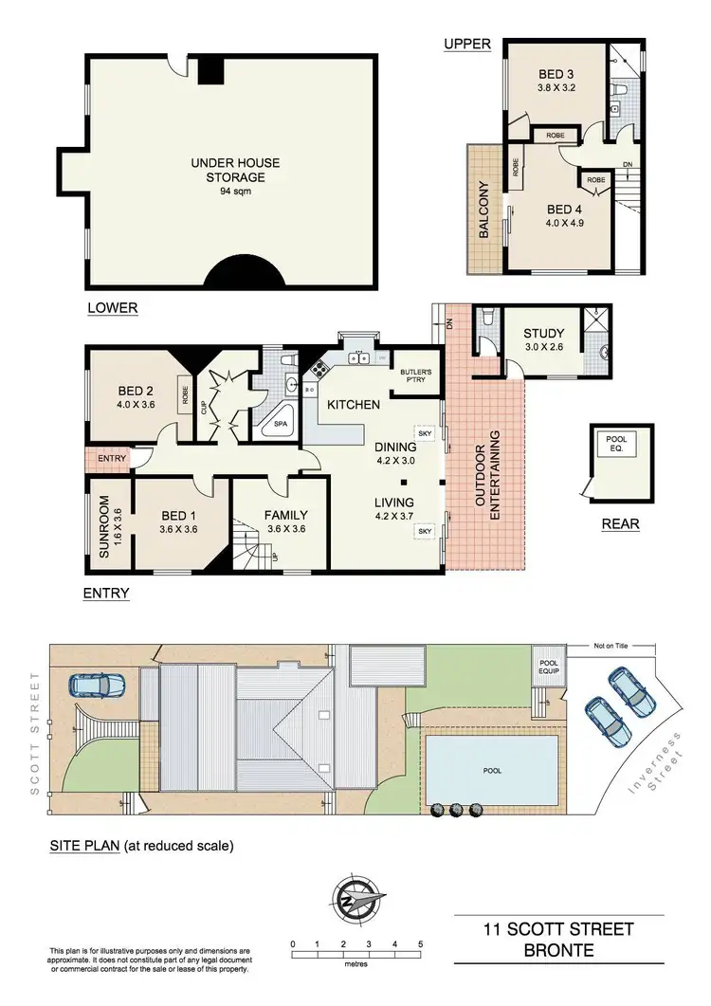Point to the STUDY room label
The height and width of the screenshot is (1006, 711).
(x=544, y=334)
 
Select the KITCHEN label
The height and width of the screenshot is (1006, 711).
(x=354, y=405)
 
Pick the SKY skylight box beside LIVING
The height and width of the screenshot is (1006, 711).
(x=423, y=532)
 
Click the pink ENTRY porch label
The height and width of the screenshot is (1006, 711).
(x=111, y=459)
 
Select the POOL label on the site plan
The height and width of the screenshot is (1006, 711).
(x=491, y=770)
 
